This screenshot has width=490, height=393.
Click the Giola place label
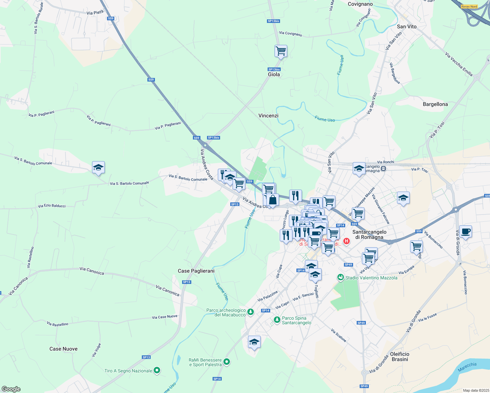point(274,74)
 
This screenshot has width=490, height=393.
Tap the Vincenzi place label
point(268,116)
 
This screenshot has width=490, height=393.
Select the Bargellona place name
point(435,104)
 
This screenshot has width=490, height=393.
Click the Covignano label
point(360,4)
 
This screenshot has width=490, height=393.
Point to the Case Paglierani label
point(196,271)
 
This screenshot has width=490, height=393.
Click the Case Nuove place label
point(64,349)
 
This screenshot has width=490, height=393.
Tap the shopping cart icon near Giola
point(281,51)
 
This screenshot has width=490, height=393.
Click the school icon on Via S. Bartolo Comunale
point(98,168)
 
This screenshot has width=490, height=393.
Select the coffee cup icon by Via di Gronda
point(465,232)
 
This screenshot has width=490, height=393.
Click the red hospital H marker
point(346,241)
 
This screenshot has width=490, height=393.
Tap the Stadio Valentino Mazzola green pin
point(341,278)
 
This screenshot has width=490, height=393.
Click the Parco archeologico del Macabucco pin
point(251,311)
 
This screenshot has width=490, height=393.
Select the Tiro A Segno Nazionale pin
point(157,371)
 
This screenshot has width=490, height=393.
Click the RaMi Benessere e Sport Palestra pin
point(226,362)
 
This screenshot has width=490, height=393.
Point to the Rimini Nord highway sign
point(469,7)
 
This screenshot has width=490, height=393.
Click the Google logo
point(11,389)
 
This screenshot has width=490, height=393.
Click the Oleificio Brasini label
point(400,357)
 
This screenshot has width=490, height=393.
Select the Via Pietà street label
point(95,12)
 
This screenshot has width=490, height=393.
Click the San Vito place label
point(406,27)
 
